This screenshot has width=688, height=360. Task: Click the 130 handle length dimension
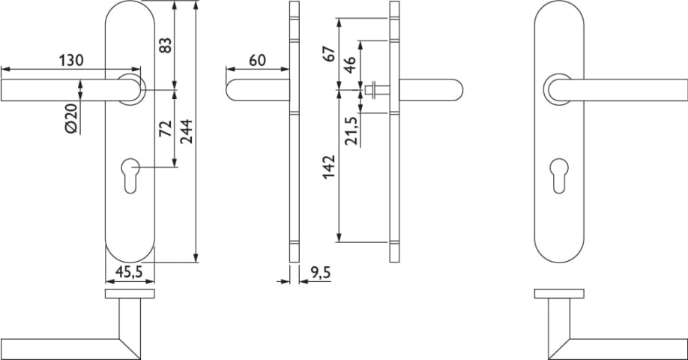click(x=71, y=60)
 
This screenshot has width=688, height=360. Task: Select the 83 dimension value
click(x=166, y=46)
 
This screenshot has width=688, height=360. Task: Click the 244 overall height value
click(x=187, y=131)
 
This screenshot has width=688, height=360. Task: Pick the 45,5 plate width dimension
click(x=129, y=272)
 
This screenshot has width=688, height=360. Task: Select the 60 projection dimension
click(x=258, y=60)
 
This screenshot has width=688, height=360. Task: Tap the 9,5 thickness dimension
click(x=320, y=273)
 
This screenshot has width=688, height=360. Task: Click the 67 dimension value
click(x=329, y=52)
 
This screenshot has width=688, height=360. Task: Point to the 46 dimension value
click(x=349, y=65)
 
